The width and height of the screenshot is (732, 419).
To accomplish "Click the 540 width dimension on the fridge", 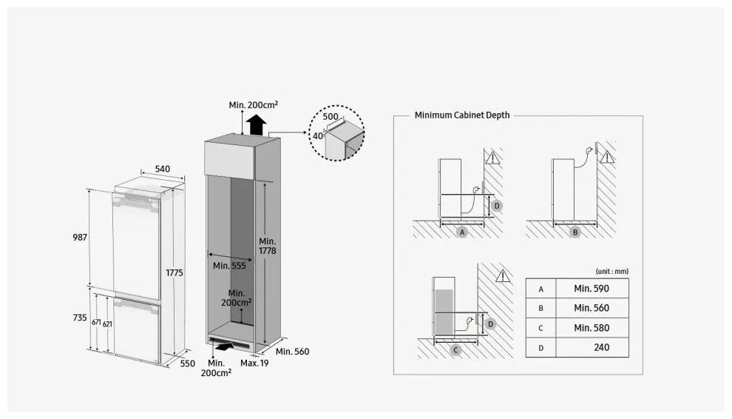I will click(x=161, y=169).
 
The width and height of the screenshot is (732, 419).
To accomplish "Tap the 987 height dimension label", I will click(x=80, y=238).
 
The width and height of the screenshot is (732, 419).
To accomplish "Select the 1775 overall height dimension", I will click(x=174, y=273).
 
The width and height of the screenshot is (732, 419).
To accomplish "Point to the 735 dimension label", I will click(x=80, y=317).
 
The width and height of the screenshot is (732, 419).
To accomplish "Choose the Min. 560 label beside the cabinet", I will click(x=291, y=352).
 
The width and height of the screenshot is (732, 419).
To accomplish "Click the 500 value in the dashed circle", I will click(x=331, y=117).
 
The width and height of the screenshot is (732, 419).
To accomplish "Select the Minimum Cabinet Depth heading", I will click(x=462, y=115).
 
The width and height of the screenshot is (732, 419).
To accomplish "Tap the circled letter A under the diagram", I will click(x=462, y=232).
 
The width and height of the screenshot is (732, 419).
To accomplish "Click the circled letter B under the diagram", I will click(x=575, y=232).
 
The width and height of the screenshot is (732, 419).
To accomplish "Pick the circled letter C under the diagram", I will click(x=456, y=351).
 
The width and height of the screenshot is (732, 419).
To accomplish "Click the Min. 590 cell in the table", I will click(x=591, y=288).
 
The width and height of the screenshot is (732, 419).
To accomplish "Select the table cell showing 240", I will click(x=601, y=346).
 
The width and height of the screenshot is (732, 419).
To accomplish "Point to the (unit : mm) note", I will click(x=611, y=271).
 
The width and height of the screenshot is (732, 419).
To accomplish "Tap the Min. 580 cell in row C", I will click(x=591, y=327).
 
